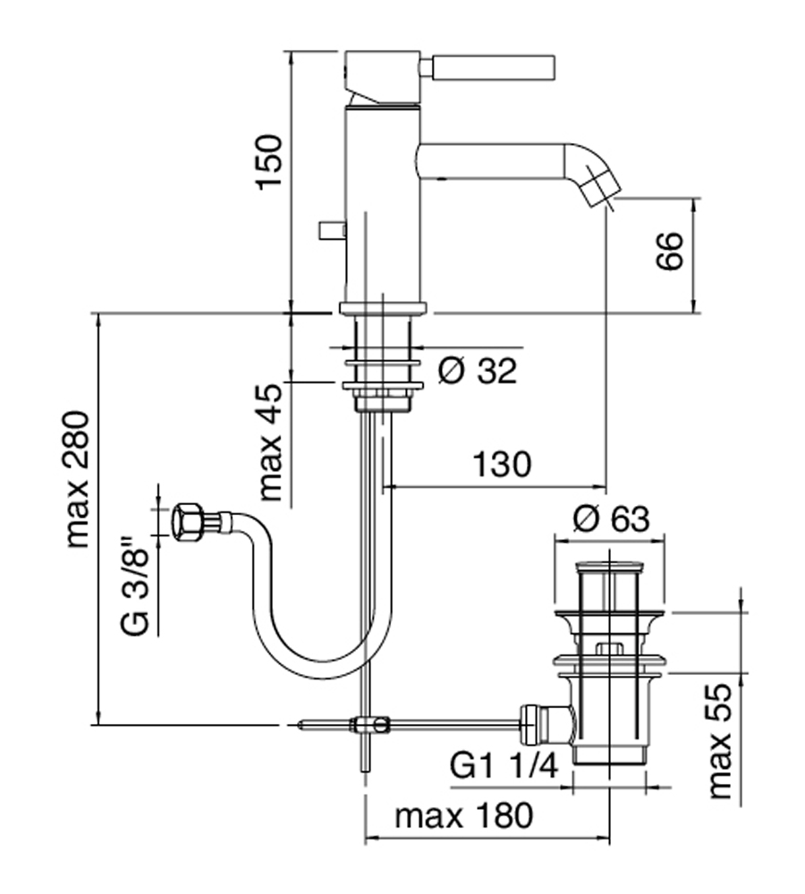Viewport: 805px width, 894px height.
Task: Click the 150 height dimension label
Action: [x=269, y=162]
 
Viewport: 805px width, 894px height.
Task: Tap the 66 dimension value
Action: [x=669, y=251]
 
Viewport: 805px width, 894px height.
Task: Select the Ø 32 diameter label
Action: [x=477, y=371]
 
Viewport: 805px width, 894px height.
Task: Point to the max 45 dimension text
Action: [x=270, y=442]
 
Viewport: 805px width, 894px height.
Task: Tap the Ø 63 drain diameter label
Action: [x=611, y=519]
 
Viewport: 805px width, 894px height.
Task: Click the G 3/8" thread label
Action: [x=136, y=585]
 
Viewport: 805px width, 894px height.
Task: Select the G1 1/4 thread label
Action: [x=504, y=766]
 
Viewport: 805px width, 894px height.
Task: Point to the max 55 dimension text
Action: [x=719, y=741]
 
